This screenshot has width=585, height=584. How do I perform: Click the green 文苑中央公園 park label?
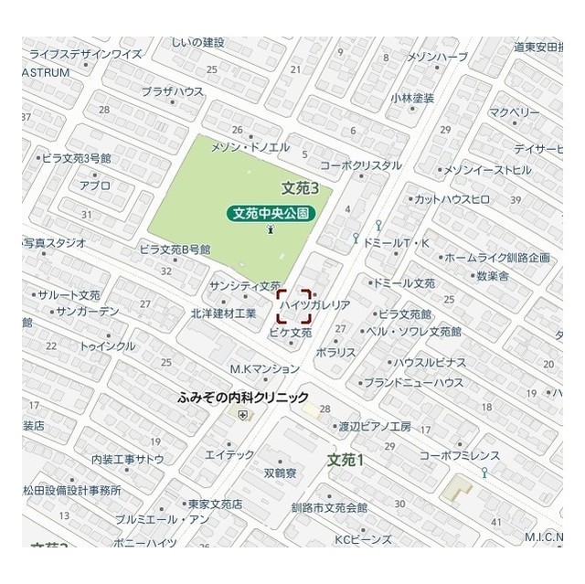tap(271, 213)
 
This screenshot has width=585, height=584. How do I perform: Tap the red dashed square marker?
tap(294, 306)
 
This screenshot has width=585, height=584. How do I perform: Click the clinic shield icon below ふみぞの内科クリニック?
tap(242, 414)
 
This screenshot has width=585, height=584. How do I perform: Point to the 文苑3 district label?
tap(300, 188)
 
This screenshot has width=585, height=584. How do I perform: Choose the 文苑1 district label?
tap(346, 459)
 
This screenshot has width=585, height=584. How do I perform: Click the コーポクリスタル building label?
tap(360, 165)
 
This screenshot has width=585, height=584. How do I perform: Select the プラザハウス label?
tap(173, 91)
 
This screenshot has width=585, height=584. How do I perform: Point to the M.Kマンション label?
tap(264, 369)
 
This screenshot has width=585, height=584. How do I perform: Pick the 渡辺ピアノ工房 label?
tap(375, 426)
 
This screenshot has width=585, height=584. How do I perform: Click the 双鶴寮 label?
tap(280, 473)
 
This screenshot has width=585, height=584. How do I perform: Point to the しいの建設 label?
tap(197, 42)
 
